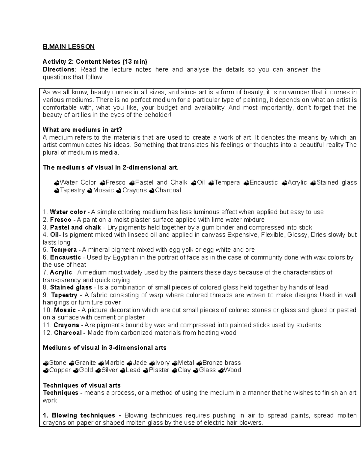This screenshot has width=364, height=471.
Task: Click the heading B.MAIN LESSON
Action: click(x=69, y=47)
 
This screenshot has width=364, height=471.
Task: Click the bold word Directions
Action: click(x=59, y=69)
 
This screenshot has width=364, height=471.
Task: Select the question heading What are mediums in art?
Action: click(x=83, y=130)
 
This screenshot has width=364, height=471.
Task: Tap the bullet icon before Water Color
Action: click(x=56, y=183)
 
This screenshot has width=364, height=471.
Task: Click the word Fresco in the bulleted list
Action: click(x=115, y=183)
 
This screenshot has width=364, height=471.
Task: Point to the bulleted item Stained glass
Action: click(x=336, y=183)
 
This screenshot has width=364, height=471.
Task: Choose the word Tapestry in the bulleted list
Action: click(x=72, y=190)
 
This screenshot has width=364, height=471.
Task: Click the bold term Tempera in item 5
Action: click(x=63, y=250)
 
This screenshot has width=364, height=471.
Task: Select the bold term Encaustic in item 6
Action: click(x=66, y=257)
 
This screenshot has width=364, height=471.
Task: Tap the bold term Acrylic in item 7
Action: click(x=61, y=272)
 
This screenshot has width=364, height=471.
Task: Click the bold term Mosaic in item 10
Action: click(x=65, y=310)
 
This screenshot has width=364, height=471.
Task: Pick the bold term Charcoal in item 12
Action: click(x=68, y=333)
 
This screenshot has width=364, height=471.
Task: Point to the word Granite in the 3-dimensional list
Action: click(x=85, y=363)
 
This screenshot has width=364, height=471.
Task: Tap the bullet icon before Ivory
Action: click(x=153, y=363)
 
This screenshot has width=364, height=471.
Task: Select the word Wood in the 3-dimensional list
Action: click(x=232, y=370)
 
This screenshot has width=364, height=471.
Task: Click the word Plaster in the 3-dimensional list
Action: click(x=159, y=370)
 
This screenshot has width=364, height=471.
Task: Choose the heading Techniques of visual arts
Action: click(x=82, y=385)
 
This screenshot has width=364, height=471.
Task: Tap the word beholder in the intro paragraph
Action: click(x=156, y=115)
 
